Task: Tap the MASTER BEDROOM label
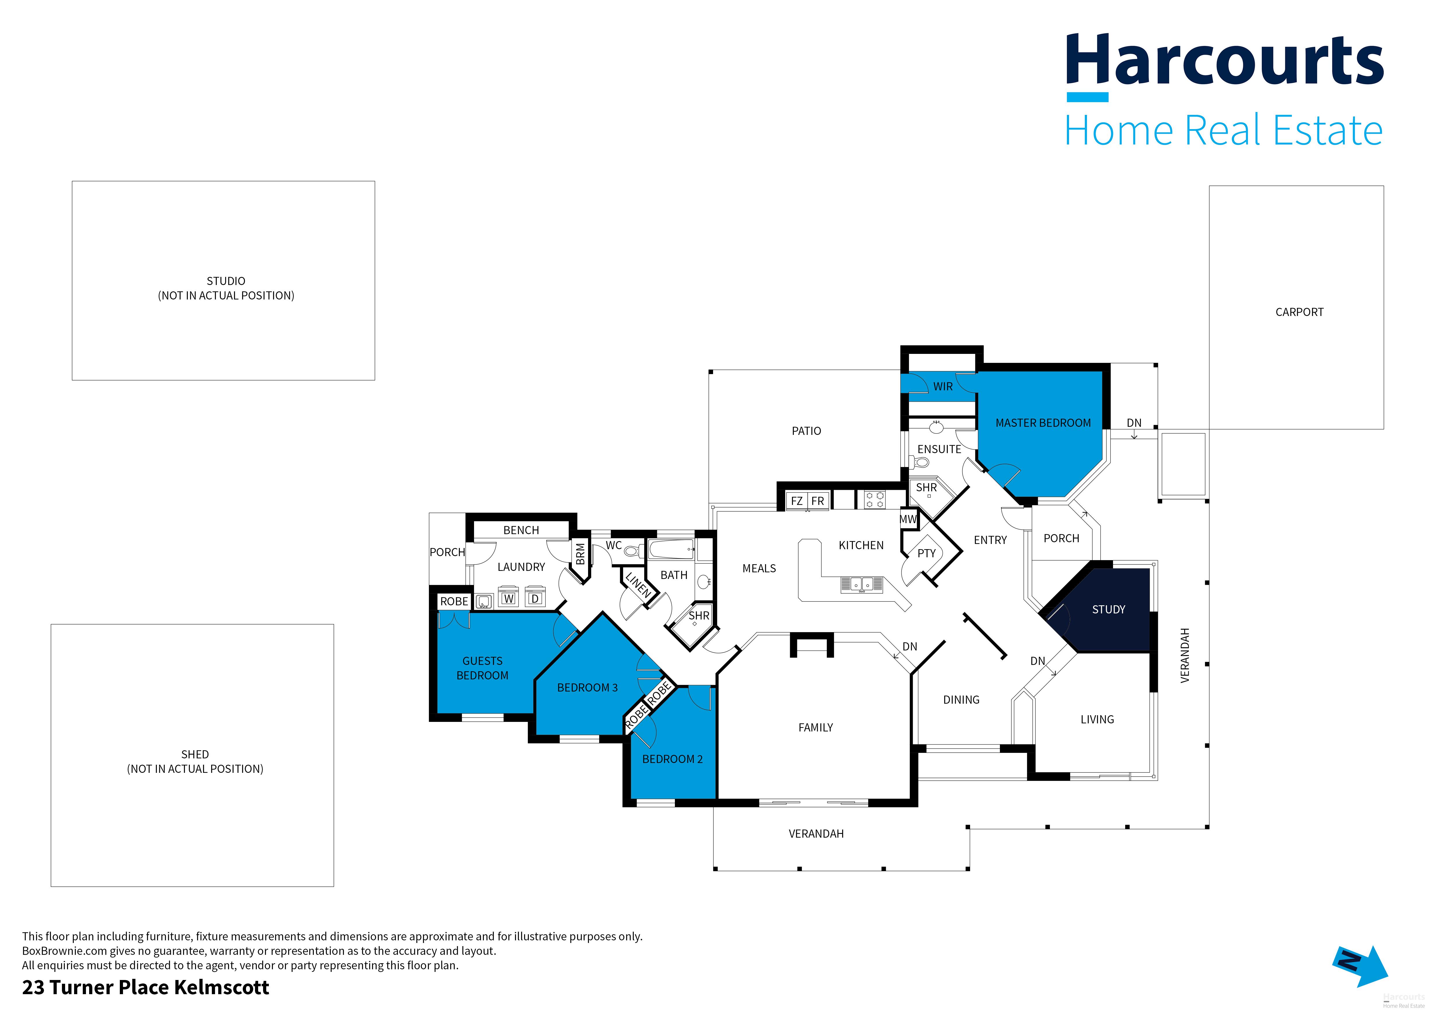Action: [x=1043, y=423]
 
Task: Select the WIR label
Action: [x=943, y=387]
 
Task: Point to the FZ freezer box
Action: [x=797, y=501]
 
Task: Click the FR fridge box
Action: [x=818, y=501]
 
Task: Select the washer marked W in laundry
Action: [x=508, y=598]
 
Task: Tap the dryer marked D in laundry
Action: [x=535, y=598]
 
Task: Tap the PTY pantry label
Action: [x=926, y=554]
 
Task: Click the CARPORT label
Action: [x=1299, y=312]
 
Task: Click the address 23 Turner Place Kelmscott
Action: [x=146, y=988]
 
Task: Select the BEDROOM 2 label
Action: [x=672, y=759]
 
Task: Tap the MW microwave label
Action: [x=908, y=519]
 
